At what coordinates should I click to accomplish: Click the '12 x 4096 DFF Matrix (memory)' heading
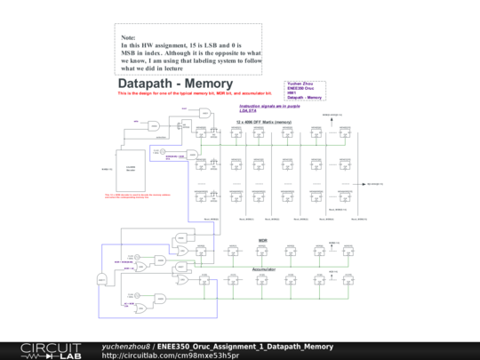[264, 122]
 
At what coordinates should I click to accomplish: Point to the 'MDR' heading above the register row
[263, 240]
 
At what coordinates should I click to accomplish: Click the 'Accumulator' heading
[264, 268]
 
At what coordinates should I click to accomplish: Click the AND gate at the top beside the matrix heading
[205, 113]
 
